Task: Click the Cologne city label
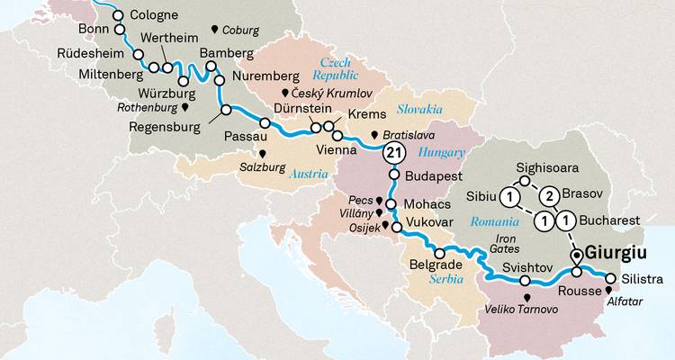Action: coord(154,15)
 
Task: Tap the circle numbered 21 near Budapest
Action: coord(393,153)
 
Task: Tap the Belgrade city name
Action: coord(436,265)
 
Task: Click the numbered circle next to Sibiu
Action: coord(510,197)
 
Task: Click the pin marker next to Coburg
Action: coord(213,31)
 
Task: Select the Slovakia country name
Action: coord(417,110)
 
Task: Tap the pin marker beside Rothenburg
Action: coord(185,107)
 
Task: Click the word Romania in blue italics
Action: coord(494,220)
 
